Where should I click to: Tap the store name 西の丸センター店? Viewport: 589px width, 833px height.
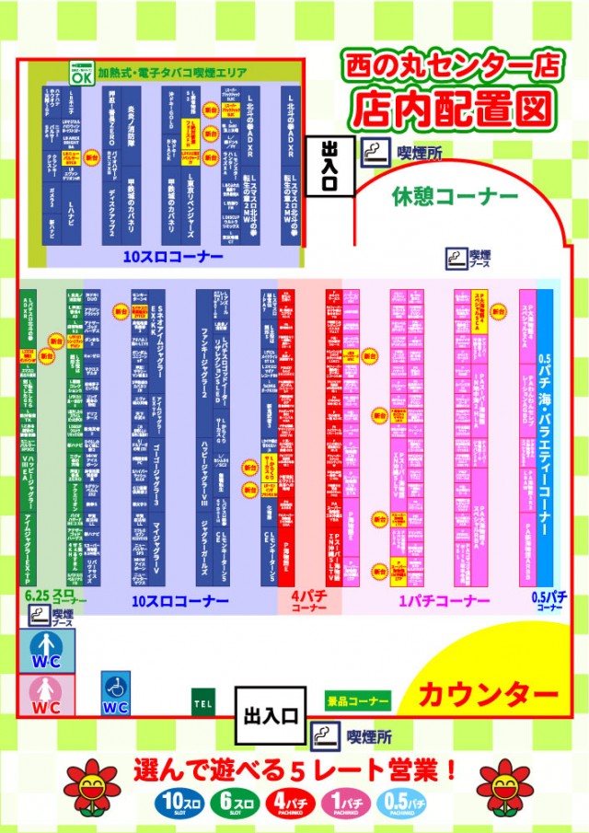click(451, 65)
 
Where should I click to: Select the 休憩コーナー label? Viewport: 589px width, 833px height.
click(455, 197)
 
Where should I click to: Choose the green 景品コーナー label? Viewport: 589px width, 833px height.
click(358, 701)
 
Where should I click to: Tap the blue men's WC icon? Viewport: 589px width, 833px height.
click(46, 651)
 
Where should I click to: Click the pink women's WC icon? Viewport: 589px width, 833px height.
click(46, 695)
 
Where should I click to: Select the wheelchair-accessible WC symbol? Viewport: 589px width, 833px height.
click(115, 692)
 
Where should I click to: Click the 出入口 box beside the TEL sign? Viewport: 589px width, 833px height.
click(269, 715)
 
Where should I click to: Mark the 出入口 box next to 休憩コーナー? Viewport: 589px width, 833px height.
click(329, 167)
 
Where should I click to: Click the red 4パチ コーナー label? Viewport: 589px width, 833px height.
click(303, 602)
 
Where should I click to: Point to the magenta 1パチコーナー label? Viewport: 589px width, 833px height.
click(444, 601)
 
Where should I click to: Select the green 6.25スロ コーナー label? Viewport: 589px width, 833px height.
click(50, 596)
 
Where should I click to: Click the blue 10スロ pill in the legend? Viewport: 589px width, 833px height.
click(172, 802)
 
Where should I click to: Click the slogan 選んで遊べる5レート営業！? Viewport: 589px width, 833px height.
click(294, 767)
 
